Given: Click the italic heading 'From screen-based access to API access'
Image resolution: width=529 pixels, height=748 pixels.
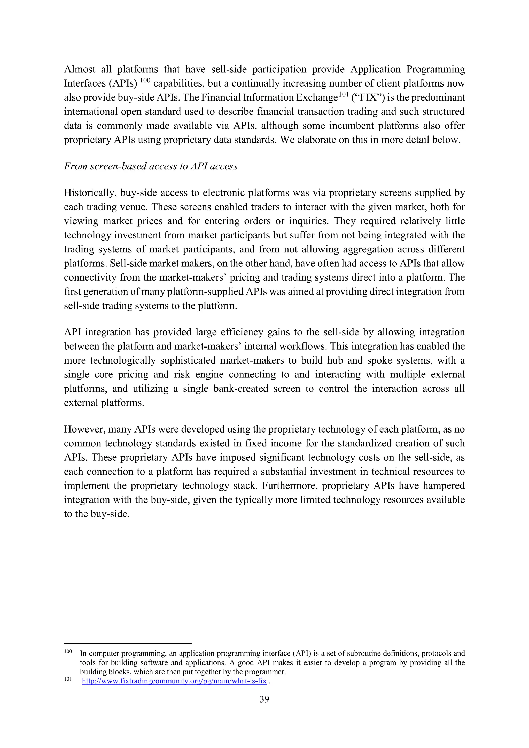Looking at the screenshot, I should tap(151, 166).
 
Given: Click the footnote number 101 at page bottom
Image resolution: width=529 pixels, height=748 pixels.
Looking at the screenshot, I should tap(68, 679).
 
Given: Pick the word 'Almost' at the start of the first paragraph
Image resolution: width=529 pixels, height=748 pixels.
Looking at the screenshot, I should tap(79, 70).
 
